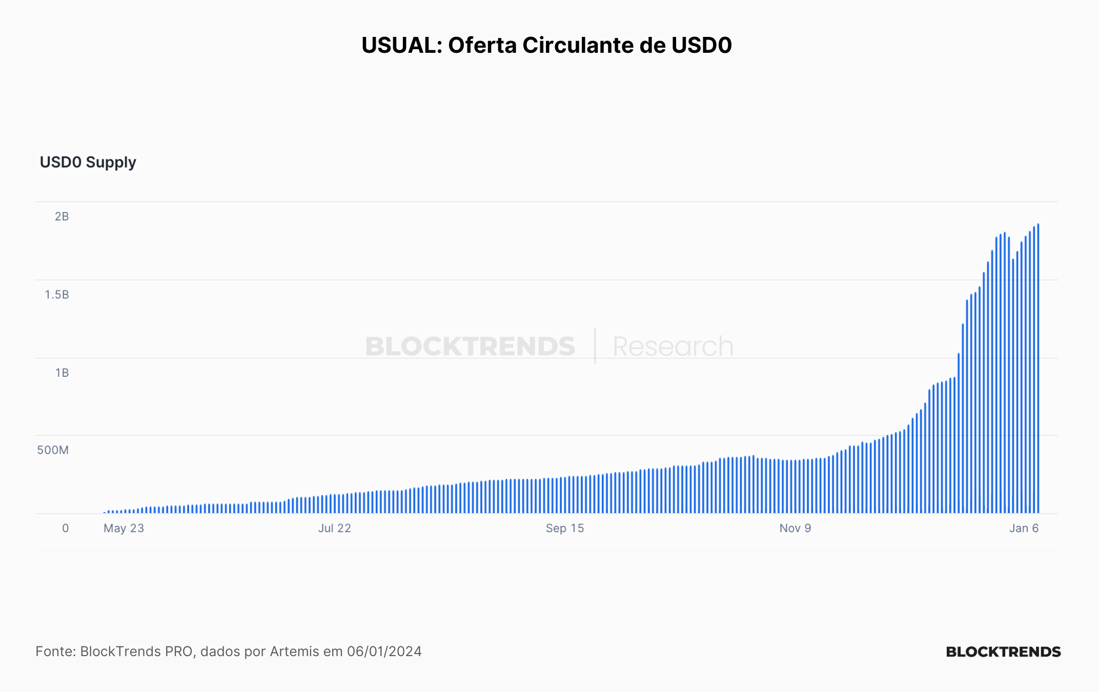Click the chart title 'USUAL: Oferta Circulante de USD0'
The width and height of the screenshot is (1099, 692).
pos(546,45)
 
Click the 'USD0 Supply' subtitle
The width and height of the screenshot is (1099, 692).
pos(88,162)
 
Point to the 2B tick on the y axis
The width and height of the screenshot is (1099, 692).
pos(62,216)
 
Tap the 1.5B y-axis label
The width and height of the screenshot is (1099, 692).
pos(57,294)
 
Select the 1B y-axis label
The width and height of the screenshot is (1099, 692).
pos(62,373)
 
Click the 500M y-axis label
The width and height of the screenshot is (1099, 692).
pos(53,450)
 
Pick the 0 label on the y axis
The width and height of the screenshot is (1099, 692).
pos(66,528)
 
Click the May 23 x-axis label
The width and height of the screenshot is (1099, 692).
pos(124,528)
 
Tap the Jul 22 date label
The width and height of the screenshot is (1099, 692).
pos(335,528)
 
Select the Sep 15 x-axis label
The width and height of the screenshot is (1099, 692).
pos(565,528)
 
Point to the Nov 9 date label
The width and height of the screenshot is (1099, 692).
pos(796,528)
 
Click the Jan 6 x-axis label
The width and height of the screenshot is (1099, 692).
pos(1024,528)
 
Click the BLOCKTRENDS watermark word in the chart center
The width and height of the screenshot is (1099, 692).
pos(470,347)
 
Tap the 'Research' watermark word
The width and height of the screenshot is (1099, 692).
pos(673,347)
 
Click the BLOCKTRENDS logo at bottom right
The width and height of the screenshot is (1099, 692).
pos(1003,652)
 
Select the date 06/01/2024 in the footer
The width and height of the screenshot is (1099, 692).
pos(384,652)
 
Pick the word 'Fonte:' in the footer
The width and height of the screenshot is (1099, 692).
pos(56,652)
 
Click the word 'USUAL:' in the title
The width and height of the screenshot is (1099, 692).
pos(402,45)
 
